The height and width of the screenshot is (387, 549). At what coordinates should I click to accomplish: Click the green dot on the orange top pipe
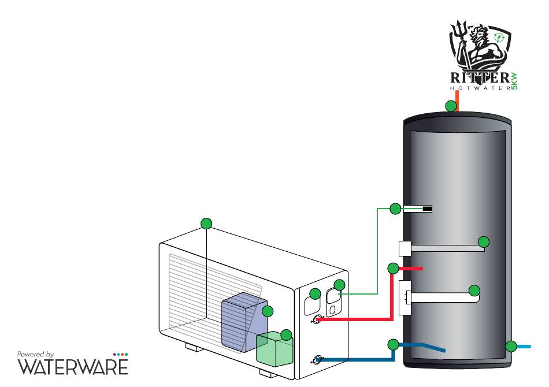451,106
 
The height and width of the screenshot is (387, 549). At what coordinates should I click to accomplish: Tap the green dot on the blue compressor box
268,311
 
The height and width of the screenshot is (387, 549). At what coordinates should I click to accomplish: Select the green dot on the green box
287,335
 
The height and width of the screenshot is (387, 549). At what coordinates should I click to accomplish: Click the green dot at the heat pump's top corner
206,223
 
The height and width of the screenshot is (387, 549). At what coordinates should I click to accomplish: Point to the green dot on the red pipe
393,269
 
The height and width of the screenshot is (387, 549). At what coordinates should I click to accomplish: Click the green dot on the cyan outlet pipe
511,347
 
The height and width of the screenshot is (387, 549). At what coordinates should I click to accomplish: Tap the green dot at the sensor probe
395,209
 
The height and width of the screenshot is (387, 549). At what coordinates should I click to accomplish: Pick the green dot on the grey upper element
484,242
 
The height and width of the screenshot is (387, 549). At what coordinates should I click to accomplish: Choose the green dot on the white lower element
474,291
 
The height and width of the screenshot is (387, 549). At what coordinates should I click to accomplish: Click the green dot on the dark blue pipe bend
393,345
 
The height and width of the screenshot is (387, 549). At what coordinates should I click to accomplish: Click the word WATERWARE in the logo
73,367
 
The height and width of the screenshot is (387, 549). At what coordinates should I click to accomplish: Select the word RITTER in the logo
480,77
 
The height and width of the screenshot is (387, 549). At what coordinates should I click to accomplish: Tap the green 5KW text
514,81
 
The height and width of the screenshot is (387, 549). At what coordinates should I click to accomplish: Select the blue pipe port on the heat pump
317,360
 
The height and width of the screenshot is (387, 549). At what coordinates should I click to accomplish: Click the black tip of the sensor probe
428,209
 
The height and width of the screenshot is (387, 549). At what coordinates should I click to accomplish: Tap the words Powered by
35,355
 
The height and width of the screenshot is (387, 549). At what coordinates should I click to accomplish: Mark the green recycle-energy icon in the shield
498,37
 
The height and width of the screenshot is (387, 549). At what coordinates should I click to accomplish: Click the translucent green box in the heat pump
275,349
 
